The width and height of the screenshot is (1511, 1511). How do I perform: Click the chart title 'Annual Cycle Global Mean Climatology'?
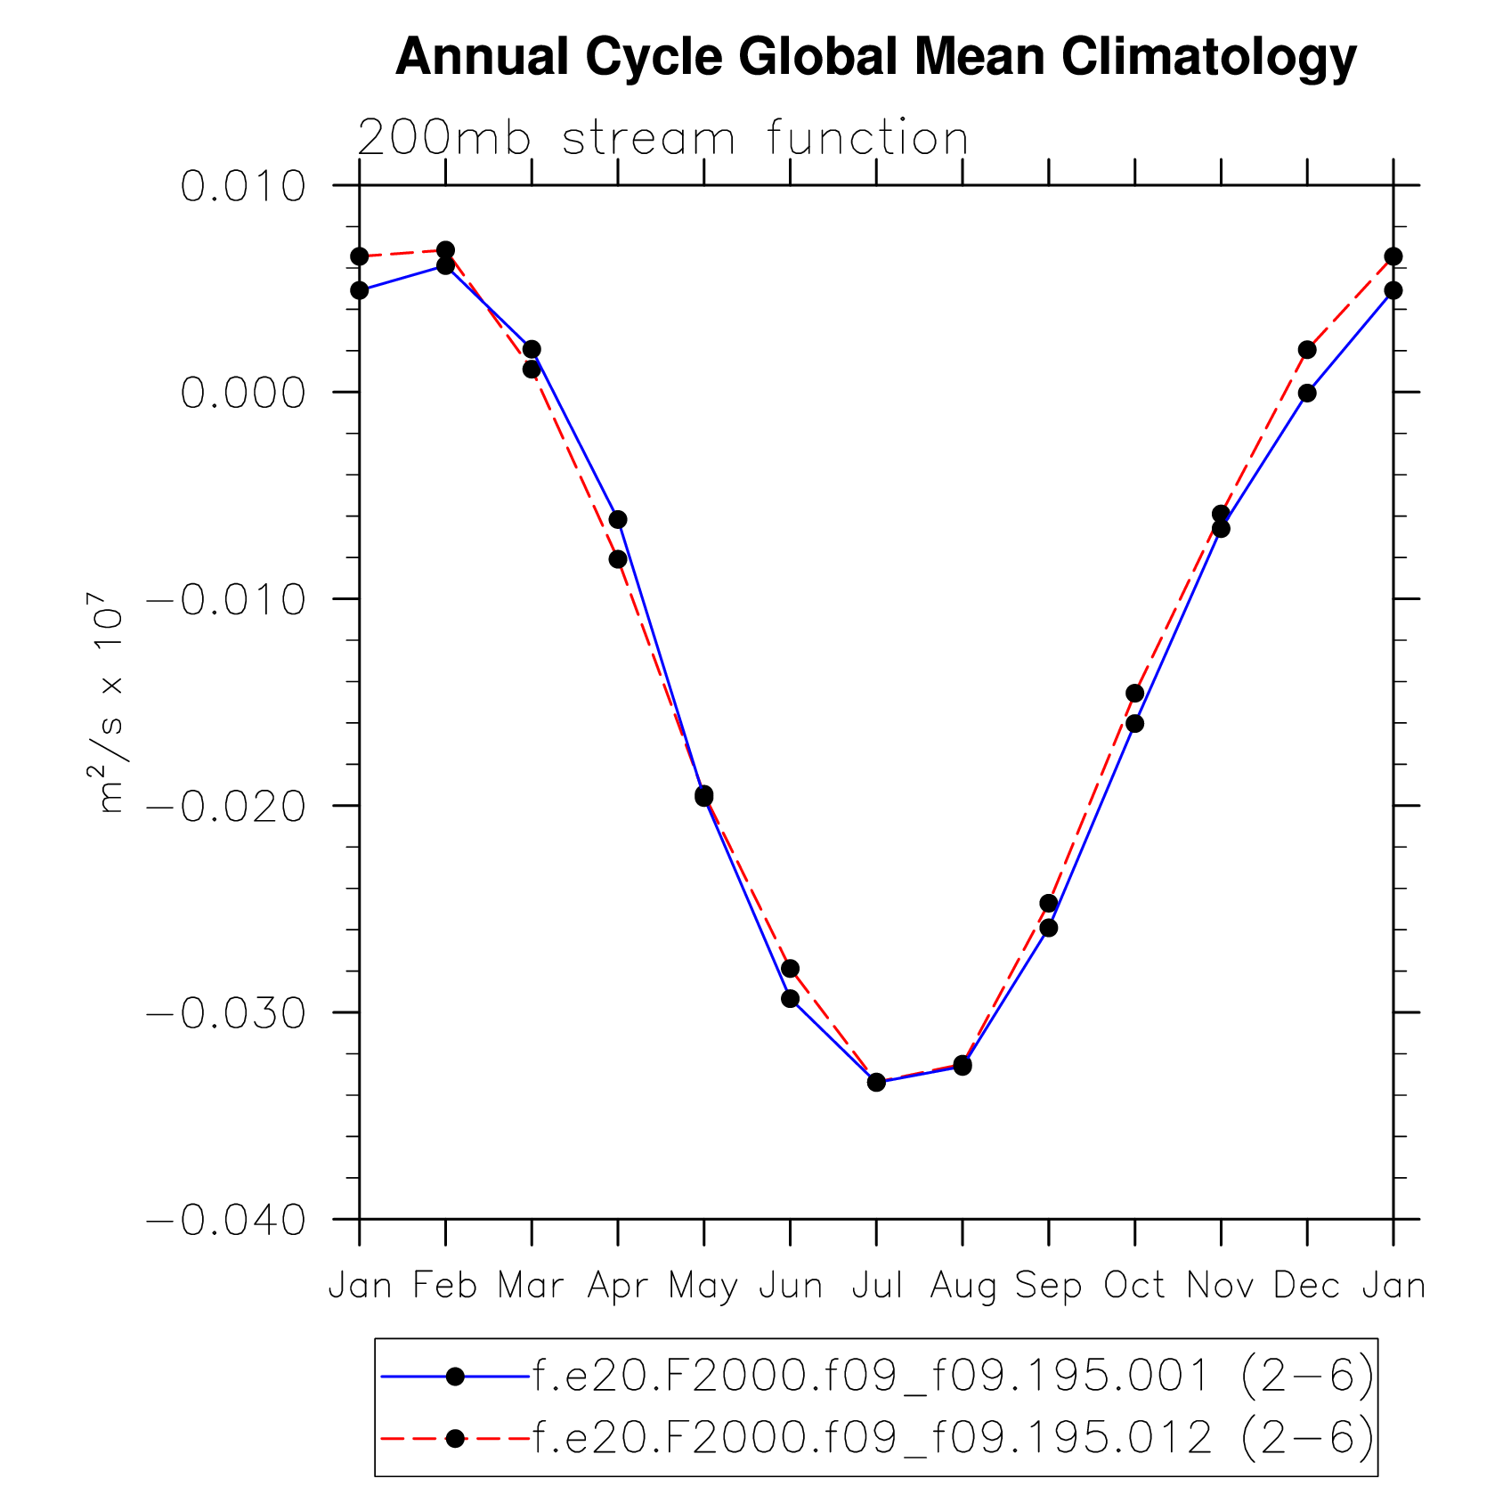point(875,58)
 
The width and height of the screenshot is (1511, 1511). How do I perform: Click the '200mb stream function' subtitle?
point(662,138)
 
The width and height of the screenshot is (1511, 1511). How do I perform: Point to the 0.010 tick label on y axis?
point(242,187)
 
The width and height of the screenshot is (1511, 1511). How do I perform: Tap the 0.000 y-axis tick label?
point(242,393)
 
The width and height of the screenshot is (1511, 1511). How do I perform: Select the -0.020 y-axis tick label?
point(226,807)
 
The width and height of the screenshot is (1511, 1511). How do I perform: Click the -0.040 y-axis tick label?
point(226,1220)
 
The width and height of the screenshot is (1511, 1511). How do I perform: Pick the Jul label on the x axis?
point(877,1287)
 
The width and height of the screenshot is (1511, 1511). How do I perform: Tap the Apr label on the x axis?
point(617,1287)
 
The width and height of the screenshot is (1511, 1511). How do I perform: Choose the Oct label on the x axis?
point(1134,1287)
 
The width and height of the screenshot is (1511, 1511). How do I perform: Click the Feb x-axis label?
point(445,1287)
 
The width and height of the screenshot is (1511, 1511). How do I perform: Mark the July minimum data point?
point(876,1082)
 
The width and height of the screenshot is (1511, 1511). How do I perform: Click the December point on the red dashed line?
point(1307,350)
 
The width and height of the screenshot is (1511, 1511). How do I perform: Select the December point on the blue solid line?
point(1307,393)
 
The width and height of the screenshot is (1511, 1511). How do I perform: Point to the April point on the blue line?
point(618,519)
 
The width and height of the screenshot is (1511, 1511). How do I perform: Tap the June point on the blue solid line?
point(790,998)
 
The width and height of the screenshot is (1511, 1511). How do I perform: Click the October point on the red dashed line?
point(1134,694)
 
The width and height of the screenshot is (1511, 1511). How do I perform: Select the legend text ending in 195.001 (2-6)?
point(953,1377)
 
